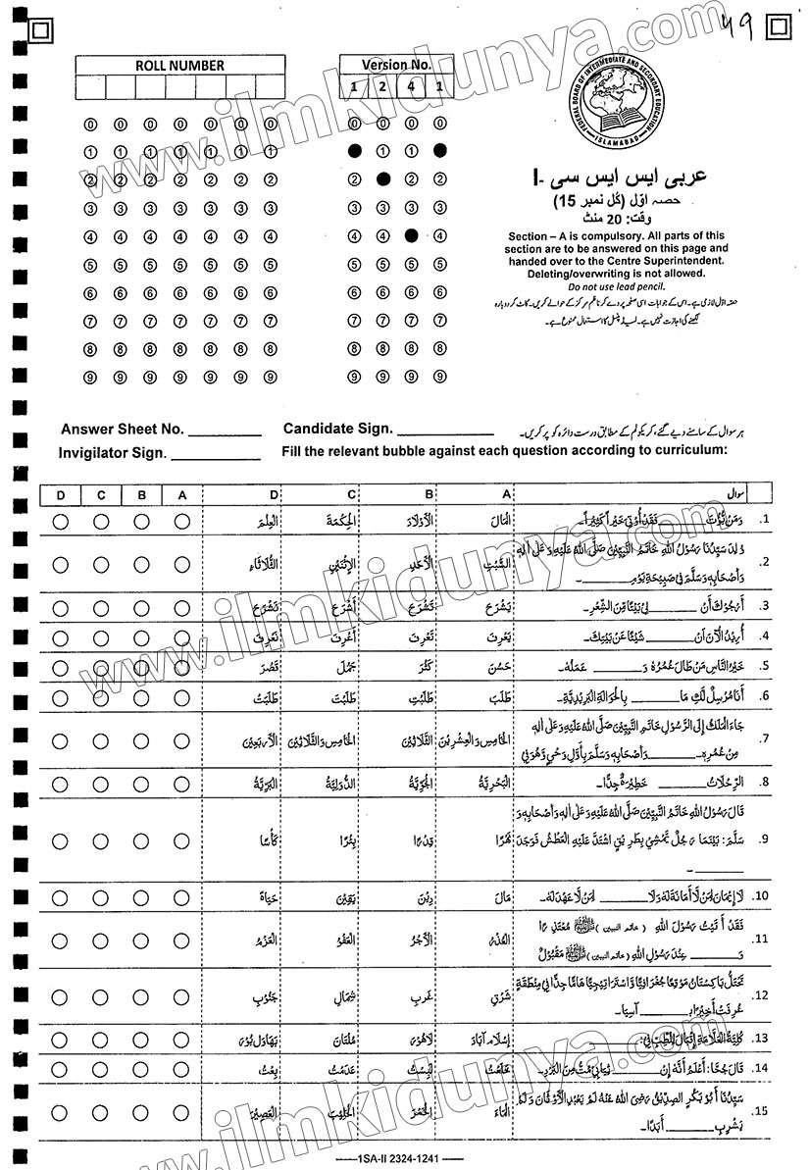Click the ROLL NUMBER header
click(x=166, y=66)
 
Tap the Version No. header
click(x=396, y=65)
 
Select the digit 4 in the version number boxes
click(x=411, y=87)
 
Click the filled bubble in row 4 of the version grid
click(x=411, y=235)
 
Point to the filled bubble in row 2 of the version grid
click(x=382, y=179)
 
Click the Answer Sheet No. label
click(x=122, y=429)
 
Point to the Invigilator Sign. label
click(x=114, y=453)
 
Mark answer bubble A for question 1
click(x=181, y=522)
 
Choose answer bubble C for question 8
click(x=101, y=782)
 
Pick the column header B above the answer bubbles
click(x=141, y=496)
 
